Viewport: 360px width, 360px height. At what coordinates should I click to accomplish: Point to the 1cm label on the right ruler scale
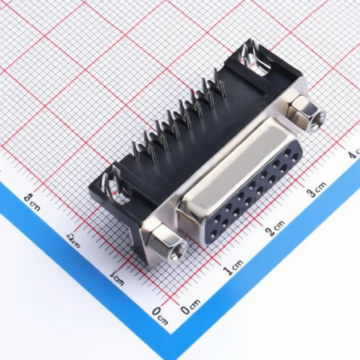tap(233, 266)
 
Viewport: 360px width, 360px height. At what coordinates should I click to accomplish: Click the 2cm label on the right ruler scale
tap(275, 226)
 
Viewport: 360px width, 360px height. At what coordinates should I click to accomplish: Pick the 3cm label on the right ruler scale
tap(316, 188)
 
